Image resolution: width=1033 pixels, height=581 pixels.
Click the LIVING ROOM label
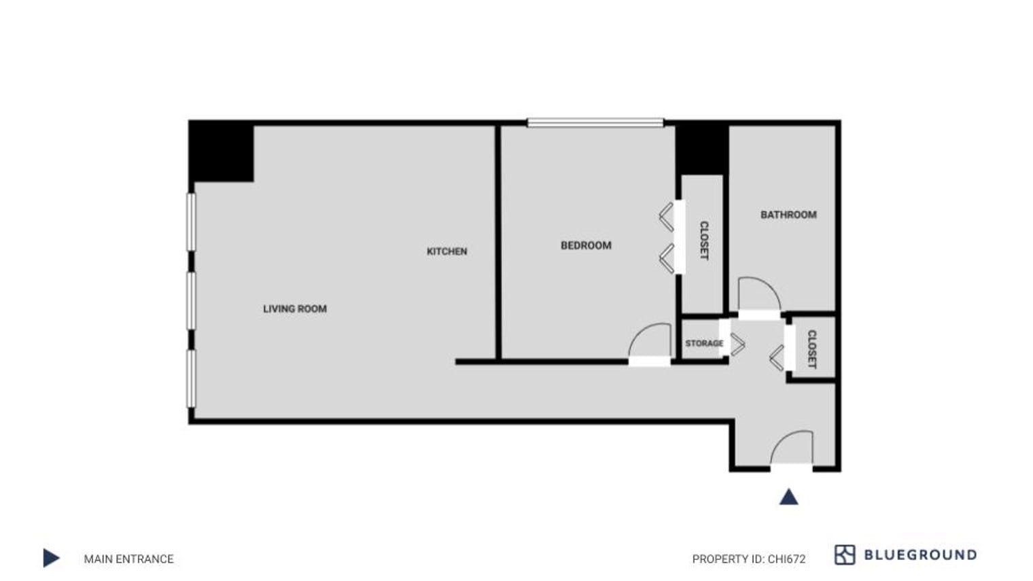pos(295,309)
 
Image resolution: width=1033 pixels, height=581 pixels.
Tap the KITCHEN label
pos(447,251)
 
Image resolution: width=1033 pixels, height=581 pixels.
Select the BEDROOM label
pos(586,245)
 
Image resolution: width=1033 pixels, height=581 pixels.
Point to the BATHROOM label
pos(788,215)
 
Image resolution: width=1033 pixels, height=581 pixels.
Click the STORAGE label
pos(704,343)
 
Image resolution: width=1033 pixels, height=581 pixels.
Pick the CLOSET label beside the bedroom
pos(704,241)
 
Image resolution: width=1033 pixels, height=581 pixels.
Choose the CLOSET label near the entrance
pos(811,349)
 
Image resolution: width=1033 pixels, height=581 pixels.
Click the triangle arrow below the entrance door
pos(788,497)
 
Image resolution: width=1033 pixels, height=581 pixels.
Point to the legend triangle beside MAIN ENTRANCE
pos(51,559)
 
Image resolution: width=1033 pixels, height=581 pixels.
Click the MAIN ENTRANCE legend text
pos(128,559)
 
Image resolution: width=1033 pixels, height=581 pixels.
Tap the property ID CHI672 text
pos(749,559)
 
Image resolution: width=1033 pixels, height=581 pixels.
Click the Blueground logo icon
pos(844,554)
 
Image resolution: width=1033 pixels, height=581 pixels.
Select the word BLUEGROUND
pos(920,555)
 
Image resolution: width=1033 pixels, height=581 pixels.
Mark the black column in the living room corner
pos(222,152)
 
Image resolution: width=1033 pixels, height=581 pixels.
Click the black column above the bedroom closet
pos(702,149)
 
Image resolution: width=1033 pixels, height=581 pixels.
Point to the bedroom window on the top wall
pos(595,123)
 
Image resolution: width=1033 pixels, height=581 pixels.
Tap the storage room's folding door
pos(735,344)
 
